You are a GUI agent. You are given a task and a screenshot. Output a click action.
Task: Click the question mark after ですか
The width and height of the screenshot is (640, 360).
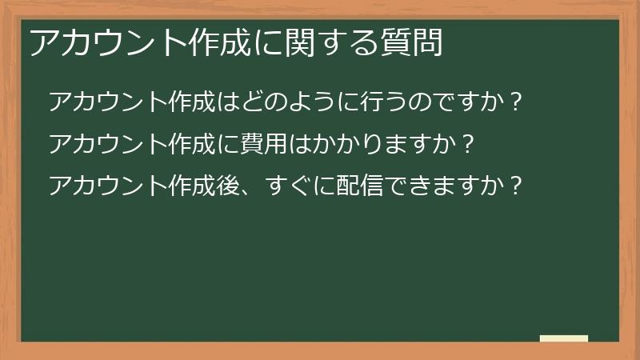[x=516, y=102]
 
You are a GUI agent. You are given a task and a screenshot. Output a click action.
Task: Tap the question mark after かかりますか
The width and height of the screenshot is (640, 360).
[x=469, y=145]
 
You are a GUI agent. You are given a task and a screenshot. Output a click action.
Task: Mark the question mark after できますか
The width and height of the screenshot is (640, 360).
[x=516, y=186]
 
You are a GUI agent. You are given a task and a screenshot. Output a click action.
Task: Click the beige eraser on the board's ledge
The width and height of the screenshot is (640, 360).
[x=563, y=338]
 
